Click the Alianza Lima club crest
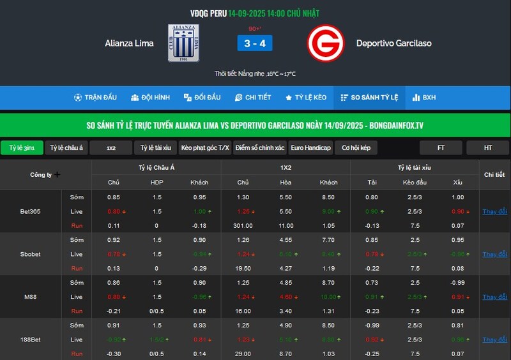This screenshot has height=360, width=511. click(183, 43)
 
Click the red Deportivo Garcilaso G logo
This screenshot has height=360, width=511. click(326, 43)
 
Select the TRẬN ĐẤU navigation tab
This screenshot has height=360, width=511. click(95, 98)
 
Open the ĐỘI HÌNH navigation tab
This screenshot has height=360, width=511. click(151, 98)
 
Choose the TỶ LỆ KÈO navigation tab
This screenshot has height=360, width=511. click(306, 98)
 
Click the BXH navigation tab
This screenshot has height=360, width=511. click(424, 98)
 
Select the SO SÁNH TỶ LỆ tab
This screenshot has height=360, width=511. click(370, 98)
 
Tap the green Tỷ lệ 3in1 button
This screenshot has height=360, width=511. click(22, 148)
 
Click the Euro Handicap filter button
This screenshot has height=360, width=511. click(310, 148)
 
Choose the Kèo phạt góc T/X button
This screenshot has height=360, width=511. click(205, 148)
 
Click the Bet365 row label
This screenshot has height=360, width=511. click(31, 211)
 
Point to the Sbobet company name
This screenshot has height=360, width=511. click(31, 254)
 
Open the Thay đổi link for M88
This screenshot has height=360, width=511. click(494, 297)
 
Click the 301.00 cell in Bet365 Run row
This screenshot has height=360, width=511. click(243, 225)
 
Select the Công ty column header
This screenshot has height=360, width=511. click(45, 174)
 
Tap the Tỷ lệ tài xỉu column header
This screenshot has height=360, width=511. click(414, 167)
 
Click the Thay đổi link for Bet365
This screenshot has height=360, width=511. click(494, 211)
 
